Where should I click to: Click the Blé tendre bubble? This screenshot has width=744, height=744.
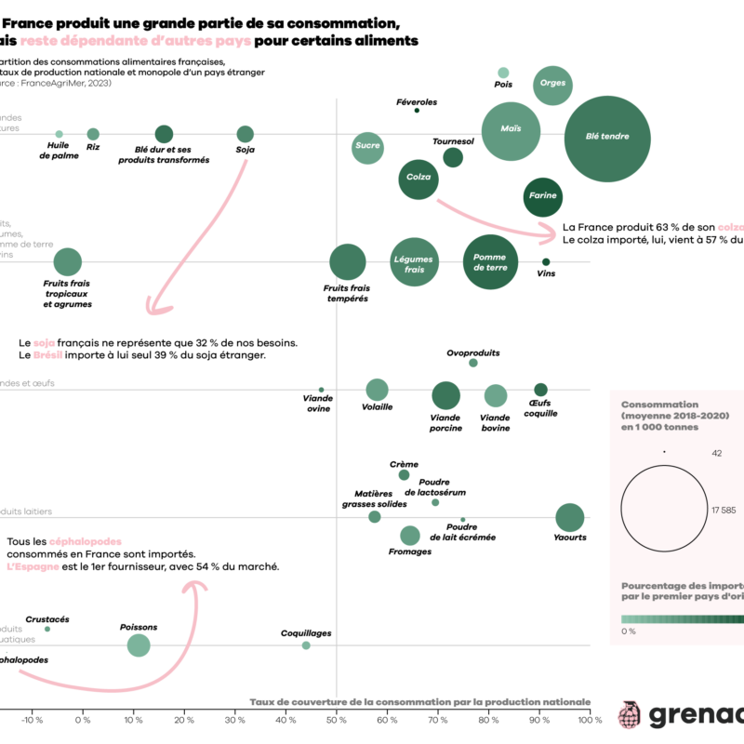606,137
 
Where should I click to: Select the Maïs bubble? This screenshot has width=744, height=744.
511,130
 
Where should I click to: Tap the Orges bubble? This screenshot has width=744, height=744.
551,84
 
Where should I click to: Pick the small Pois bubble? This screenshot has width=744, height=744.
503,73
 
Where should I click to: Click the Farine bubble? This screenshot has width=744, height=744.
542,196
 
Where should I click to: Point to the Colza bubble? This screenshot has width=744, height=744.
418,177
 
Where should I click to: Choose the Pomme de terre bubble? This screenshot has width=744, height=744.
490,262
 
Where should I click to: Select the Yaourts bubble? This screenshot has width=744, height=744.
570,518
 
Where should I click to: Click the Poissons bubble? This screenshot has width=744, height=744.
139,645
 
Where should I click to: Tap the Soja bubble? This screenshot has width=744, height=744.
246,135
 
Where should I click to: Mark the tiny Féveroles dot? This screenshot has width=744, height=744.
417,111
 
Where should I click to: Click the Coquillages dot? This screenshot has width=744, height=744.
306,644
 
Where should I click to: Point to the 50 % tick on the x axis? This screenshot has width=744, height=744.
336,719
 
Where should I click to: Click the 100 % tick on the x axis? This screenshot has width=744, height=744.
590,719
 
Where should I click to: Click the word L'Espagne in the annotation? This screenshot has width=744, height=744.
33,566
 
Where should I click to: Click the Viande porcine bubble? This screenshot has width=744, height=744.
445,395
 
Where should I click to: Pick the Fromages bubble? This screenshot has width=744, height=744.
410,535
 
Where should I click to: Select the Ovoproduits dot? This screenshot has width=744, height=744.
473,363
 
